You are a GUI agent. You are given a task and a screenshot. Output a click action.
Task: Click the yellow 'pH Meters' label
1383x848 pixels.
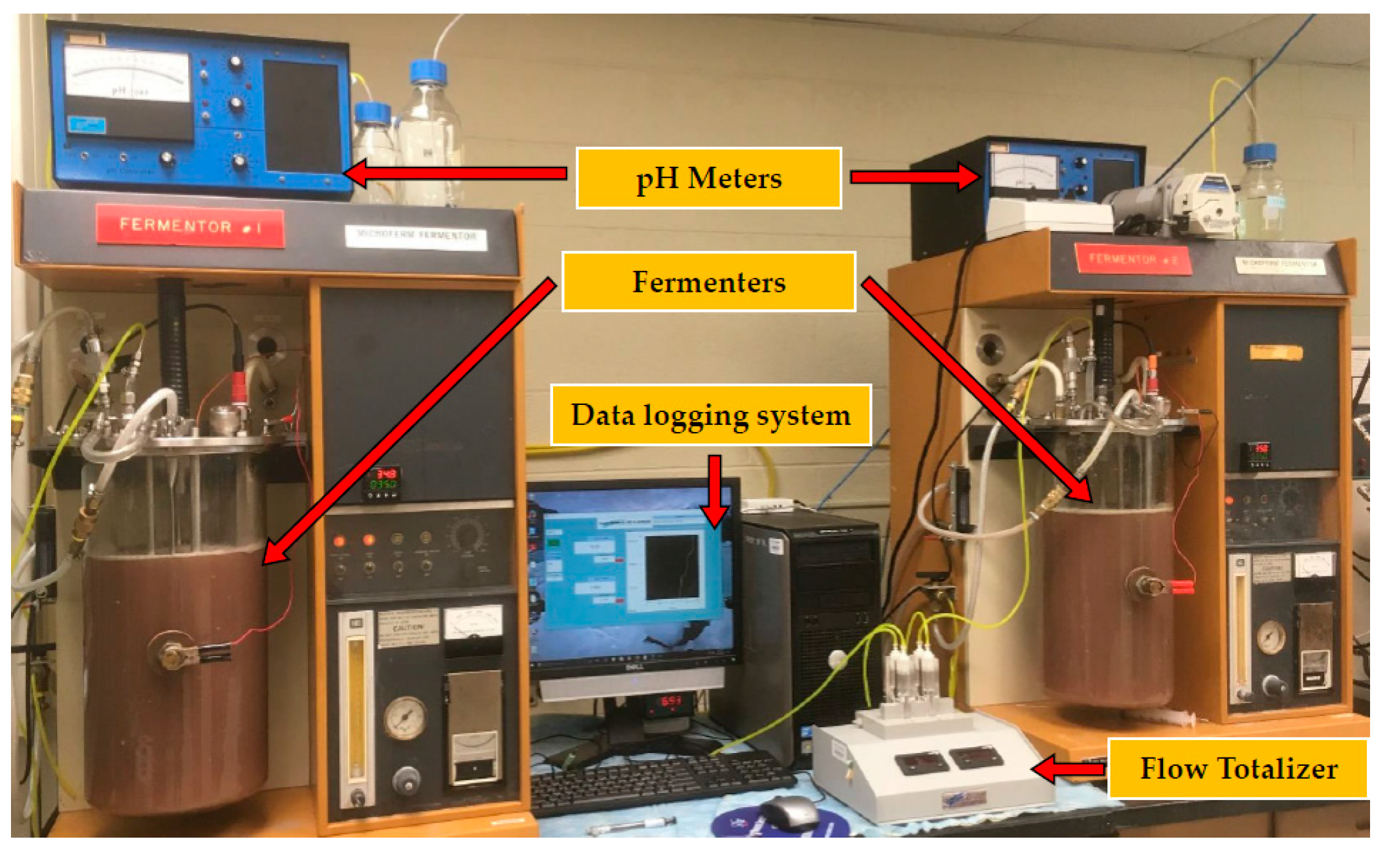708,178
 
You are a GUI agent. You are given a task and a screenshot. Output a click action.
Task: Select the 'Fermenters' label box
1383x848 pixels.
708,282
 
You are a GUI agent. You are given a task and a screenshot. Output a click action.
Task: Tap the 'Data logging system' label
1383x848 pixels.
710,415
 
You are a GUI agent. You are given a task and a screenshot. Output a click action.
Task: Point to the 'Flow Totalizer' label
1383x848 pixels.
1237,768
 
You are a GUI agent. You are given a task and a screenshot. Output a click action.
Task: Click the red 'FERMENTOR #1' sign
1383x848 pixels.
190,226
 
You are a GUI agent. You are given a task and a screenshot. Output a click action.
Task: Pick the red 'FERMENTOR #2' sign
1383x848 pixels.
1132,259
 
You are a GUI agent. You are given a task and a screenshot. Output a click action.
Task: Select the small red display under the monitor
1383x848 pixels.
670,702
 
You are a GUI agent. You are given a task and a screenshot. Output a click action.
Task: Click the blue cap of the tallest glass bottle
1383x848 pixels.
428,71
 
